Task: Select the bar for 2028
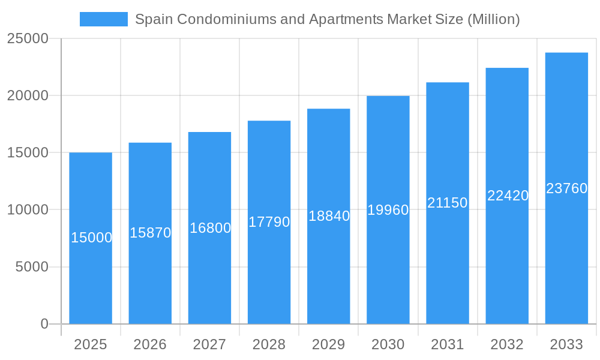coord(269,276)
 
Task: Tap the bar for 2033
coord(566,252)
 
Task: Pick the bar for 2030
coord(388,270)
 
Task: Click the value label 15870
coord(151,233)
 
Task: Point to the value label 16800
coord(210,228)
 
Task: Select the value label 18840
coord(329,216)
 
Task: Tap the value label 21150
coord(448,203)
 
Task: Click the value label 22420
coord(508,196)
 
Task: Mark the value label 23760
coord(566,188)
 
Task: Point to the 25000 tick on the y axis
coord(27,38)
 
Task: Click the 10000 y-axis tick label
coord(27,210)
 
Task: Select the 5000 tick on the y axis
coord(32,267)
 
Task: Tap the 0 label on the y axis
coord(44,324)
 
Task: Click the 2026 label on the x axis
coord(150,344)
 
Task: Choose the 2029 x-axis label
coord(329,344)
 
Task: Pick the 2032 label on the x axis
coord(507,344)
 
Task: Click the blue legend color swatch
coord(104,19)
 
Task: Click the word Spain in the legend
coord(152,19)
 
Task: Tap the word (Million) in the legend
coord(493,19)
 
